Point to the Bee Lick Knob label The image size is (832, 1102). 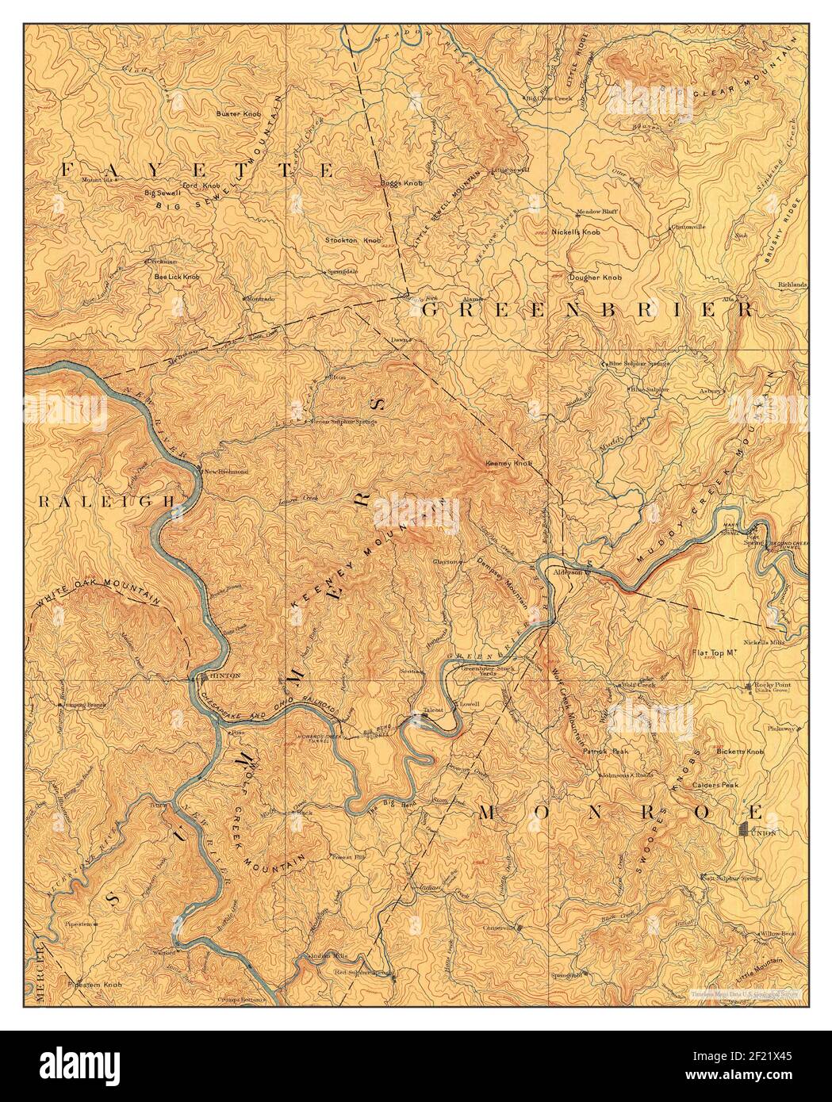(x=176, y=277)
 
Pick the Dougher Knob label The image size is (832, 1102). (x=595, y=277)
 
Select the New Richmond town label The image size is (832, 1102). (x=228, y=471)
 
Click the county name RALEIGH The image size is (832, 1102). (x=106, y=501)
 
